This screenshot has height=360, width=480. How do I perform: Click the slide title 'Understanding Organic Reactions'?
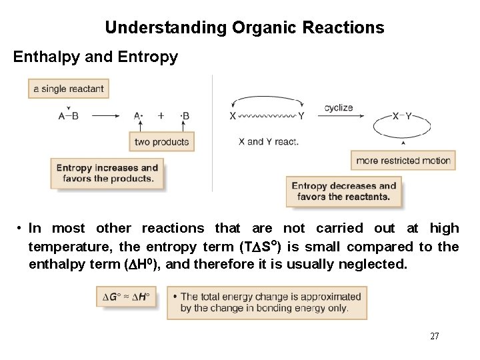[244, 28]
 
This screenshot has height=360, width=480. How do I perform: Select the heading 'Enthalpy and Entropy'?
[96, 57]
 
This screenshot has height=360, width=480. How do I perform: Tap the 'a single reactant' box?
[68, 87]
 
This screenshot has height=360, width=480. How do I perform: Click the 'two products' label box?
[161, 141]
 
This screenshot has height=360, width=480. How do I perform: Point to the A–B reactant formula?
[69, 115]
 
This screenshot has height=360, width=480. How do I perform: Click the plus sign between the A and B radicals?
[161, 115]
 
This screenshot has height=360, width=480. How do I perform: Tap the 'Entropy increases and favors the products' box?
[107, 173]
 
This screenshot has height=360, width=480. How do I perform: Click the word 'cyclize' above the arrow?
[339, 107]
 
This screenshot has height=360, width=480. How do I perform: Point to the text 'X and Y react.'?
[269, 141]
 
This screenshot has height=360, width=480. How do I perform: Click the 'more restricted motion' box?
[403, 160]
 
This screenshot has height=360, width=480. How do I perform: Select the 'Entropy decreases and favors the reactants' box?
[344, 191]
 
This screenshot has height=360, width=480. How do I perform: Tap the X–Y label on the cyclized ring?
[402, 115]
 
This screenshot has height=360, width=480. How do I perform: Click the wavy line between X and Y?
[267, 116]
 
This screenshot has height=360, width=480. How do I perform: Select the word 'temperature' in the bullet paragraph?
[63, 247]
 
